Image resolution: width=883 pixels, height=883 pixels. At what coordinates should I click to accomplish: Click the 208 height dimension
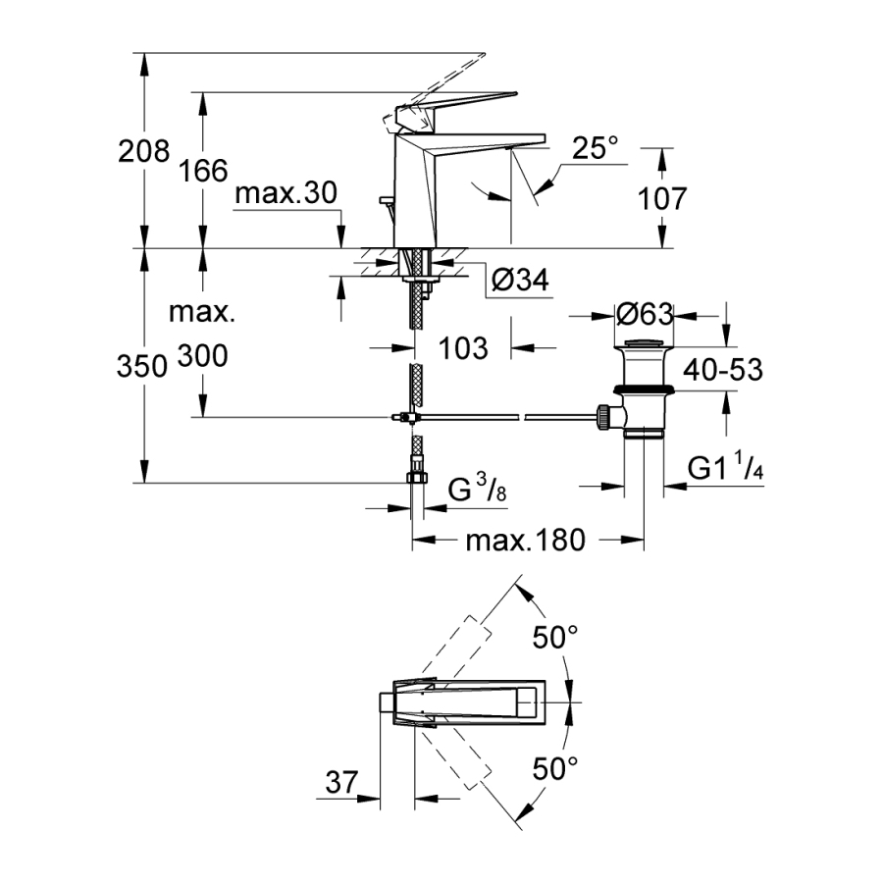(x=143, y=152)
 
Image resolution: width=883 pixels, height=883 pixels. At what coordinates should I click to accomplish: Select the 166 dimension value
(x=203, y=172)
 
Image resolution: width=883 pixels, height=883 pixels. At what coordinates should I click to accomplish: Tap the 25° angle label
(x=597, y=148)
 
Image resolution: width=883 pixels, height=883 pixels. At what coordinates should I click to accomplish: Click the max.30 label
(x=286, y=194)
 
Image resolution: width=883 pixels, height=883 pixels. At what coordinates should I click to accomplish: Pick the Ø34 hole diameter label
(x=518, y=282)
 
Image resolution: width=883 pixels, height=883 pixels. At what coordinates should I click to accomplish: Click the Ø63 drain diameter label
(x=644, y=315)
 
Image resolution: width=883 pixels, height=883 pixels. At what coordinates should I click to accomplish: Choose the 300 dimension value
(x=203, y=356)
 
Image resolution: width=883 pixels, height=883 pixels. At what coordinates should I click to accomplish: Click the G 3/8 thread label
(x=479, y=489)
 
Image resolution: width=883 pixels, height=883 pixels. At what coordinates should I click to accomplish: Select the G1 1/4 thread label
(x=725, y=469)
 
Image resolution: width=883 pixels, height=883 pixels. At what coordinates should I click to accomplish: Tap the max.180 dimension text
(x=525, y=540)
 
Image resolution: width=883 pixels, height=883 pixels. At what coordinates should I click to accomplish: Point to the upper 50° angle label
(x=556, y=639)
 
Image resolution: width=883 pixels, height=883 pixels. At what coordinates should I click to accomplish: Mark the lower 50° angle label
(x=556, y=767)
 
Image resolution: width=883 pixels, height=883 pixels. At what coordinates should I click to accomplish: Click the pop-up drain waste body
(x=644, y=392)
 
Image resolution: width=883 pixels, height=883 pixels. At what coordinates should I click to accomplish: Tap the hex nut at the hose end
(x=417, y=479)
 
